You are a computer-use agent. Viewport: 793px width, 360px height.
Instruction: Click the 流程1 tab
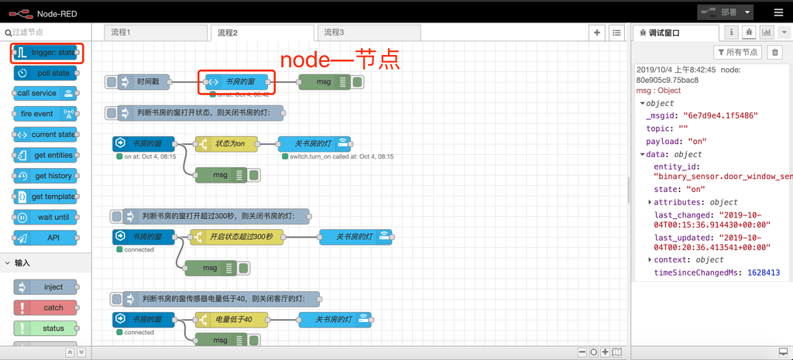[x=121, y=33]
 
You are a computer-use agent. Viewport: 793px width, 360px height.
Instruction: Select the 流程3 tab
[x=335, y=33]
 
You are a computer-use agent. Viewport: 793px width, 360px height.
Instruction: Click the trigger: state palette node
[x=46, y=53]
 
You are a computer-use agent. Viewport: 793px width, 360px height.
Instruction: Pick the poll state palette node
[x=46, y=73]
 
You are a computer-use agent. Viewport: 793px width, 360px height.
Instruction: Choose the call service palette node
[x=46, y=93]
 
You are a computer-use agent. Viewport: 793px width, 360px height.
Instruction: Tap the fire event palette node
[x=46, y=114]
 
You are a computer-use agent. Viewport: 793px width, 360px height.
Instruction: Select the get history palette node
[x=46, y=176]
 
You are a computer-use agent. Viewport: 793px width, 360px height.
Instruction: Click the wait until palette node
[x=46, y=218]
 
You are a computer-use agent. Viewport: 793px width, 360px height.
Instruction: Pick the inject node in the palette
[x=46, y=287]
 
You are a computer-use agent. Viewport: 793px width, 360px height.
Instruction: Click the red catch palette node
[x=46, y=307]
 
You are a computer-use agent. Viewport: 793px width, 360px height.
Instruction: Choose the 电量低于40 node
[x=232, y=319]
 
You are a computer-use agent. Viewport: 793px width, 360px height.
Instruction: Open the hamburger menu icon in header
[x=778, y=12]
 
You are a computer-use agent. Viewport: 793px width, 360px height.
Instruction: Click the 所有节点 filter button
[x=736, y=53]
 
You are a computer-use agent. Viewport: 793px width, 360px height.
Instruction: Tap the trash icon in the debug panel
[x=775, y=53]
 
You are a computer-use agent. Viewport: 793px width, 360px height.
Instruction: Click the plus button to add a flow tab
[x=596, y=33]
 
